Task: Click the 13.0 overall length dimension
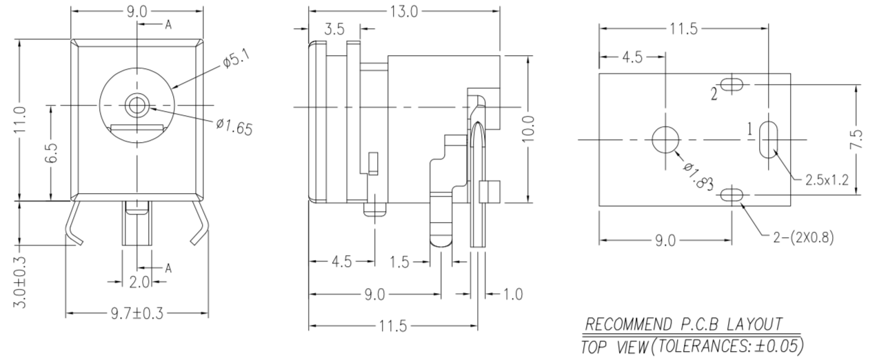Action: [404, 11]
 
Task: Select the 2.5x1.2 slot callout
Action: [827, 180]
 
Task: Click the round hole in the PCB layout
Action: [665, 139]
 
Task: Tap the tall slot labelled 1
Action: [767, 139]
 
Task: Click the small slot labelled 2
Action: [733, 85]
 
